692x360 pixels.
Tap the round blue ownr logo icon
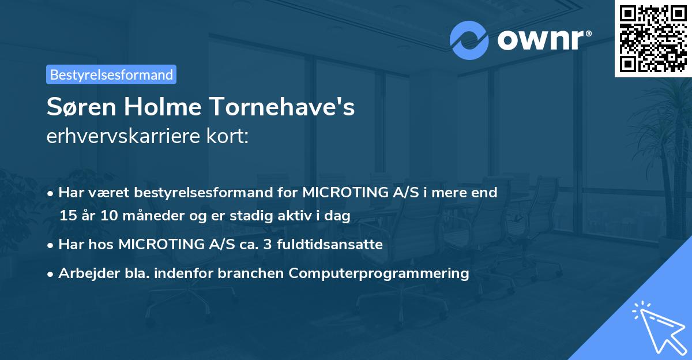pos(469,40)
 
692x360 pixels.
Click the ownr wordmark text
pos(544,40)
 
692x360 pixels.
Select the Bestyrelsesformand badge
pos(111,74)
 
